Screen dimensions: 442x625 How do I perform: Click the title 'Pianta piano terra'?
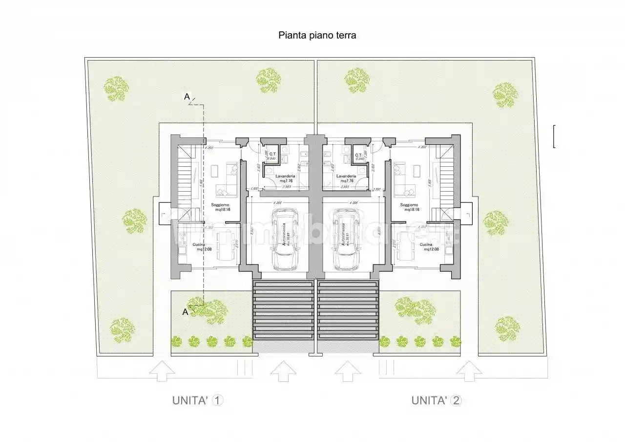point(317,35)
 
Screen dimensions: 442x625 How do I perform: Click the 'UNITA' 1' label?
point(198,400)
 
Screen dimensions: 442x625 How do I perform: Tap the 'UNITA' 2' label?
point(436,400)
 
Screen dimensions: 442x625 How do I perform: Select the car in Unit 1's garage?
point(285,240)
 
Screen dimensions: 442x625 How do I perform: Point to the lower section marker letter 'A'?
point(185,311)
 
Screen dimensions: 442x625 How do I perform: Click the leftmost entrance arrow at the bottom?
point(162,371)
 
